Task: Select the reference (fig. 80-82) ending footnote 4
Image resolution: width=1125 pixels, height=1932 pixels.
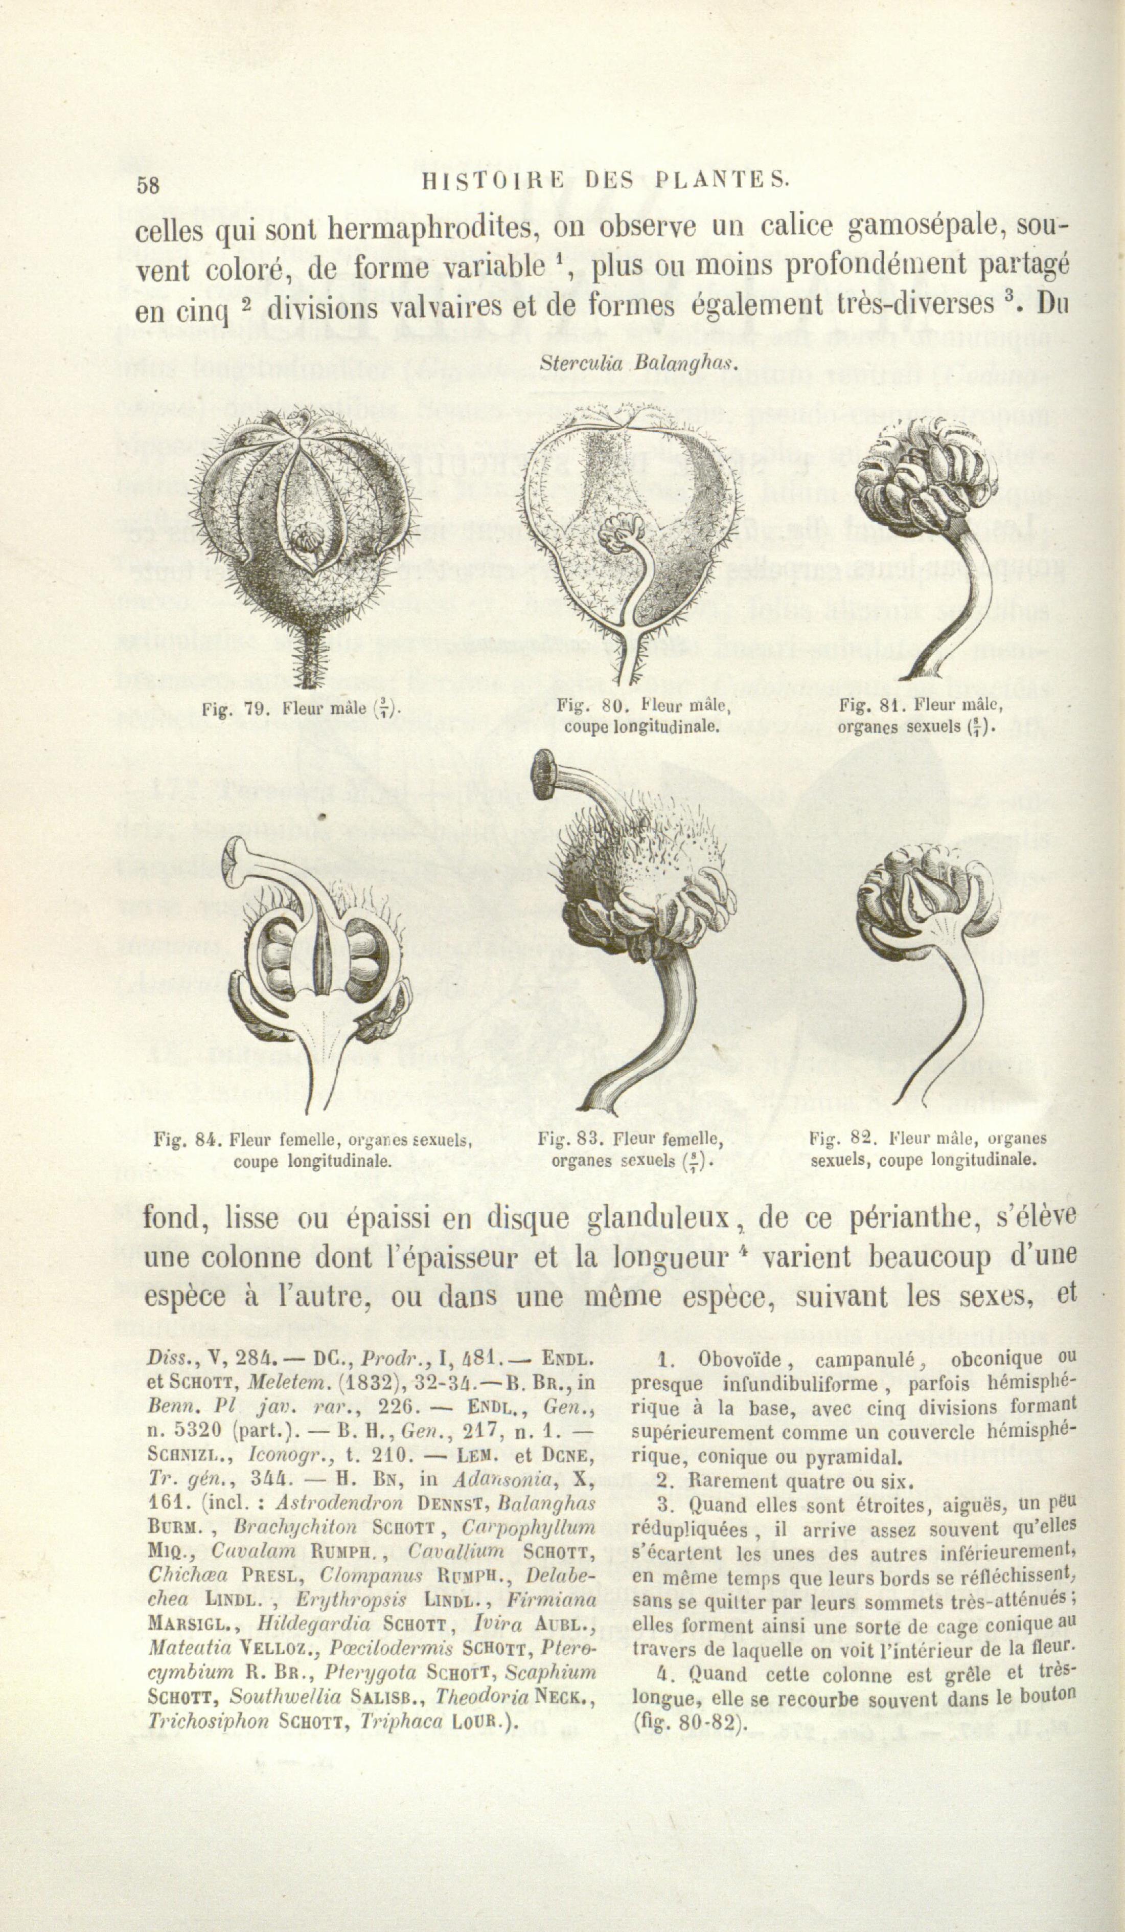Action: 690,1723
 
